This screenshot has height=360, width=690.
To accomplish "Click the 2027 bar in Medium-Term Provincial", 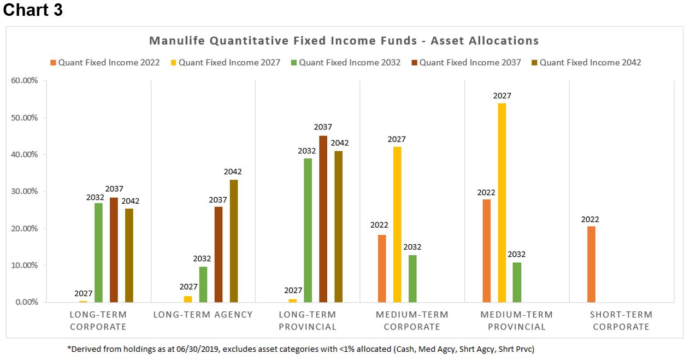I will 502,203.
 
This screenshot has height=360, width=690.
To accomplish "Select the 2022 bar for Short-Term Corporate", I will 591,264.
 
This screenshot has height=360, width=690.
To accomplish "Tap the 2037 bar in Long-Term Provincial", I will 323,219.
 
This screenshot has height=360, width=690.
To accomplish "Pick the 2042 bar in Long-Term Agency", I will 234,241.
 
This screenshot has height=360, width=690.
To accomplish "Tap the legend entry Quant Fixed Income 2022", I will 105,62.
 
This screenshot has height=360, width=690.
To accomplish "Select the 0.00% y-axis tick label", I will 26,302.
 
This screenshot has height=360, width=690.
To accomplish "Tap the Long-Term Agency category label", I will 203,315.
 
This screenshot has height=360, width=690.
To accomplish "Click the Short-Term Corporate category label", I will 621,321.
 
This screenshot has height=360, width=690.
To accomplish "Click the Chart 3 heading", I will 33,10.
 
